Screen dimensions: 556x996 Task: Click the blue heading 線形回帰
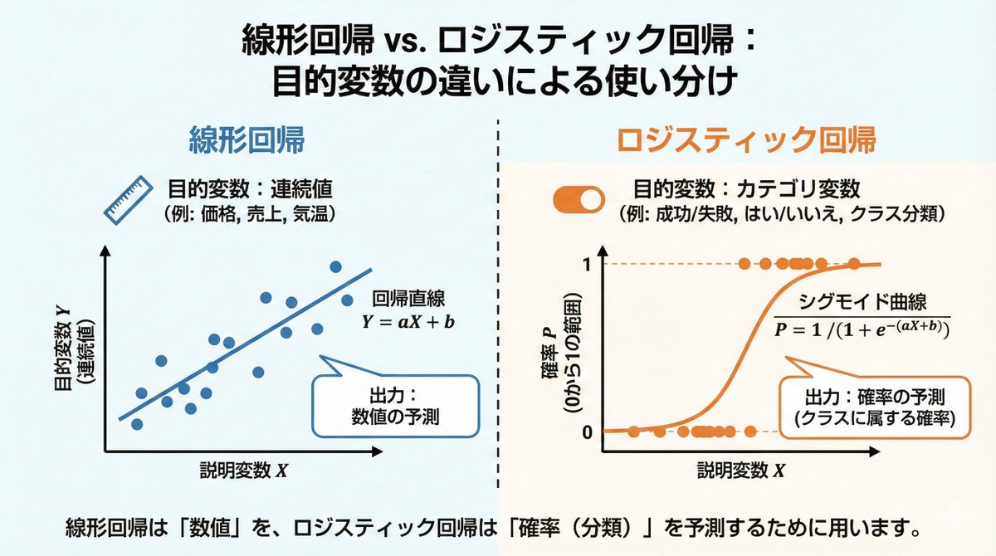coord(249,140)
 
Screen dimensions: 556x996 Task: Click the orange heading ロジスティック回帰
coord(745,140)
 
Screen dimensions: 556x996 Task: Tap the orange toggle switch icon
coord(579,200)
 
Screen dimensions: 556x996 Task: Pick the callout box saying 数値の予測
coord(395,405)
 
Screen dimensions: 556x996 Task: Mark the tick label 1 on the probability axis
coord(587,265)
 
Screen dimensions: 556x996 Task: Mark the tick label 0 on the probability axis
coord(587,432)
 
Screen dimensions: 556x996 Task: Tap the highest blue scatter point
coord(336,266)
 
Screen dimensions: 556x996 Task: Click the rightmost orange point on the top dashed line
coord(854,264)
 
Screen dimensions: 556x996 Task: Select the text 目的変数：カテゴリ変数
coord(746,188)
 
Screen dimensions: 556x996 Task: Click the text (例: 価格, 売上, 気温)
coord(249,213)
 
